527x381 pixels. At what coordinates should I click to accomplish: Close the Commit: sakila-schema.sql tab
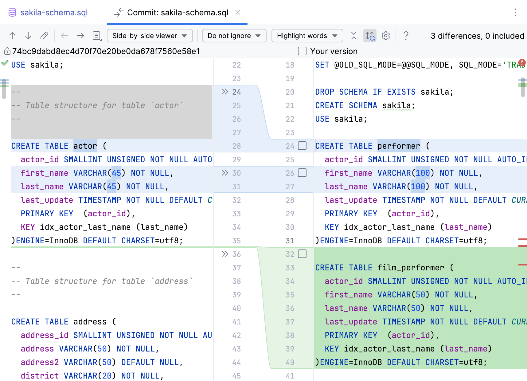coord(237,13)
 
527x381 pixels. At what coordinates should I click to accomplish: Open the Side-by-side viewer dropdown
coord(150,36)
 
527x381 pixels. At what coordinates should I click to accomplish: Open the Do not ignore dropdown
coord(234,36)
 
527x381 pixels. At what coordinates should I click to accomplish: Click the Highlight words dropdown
coord(307,36)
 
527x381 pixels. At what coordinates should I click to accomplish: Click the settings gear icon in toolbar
coord(386,36)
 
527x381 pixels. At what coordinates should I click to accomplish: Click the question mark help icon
coord(406,36)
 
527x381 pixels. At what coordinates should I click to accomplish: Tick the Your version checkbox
coord(302,51)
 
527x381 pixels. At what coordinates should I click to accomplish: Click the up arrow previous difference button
coord(12,36)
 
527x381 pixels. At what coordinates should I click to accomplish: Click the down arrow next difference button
coord(28,36)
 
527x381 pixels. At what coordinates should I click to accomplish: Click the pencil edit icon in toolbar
coord(44,36)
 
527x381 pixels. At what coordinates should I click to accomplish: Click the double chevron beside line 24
coord(225,92)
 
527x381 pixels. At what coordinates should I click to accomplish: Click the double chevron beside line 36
coord(225,254)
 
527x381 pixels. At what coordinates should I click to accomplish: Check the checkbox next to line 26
coord(302,173)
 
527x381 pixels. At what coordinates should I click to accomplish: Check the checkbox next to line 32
coord(302,254)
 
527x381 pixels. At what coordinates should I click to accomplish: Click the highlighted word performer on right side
coord(398,146)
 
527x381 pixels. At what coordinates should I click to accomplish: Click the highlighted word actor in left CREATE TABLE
coord(85,146)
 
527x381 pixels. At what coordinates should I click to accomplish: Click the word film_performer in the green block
coord(410,268)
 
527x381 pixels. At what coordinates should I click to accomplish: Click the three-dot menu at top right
coord(515,13)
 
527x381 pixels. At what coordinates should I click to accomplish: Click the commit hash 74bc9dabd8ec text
coord(106,51)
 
